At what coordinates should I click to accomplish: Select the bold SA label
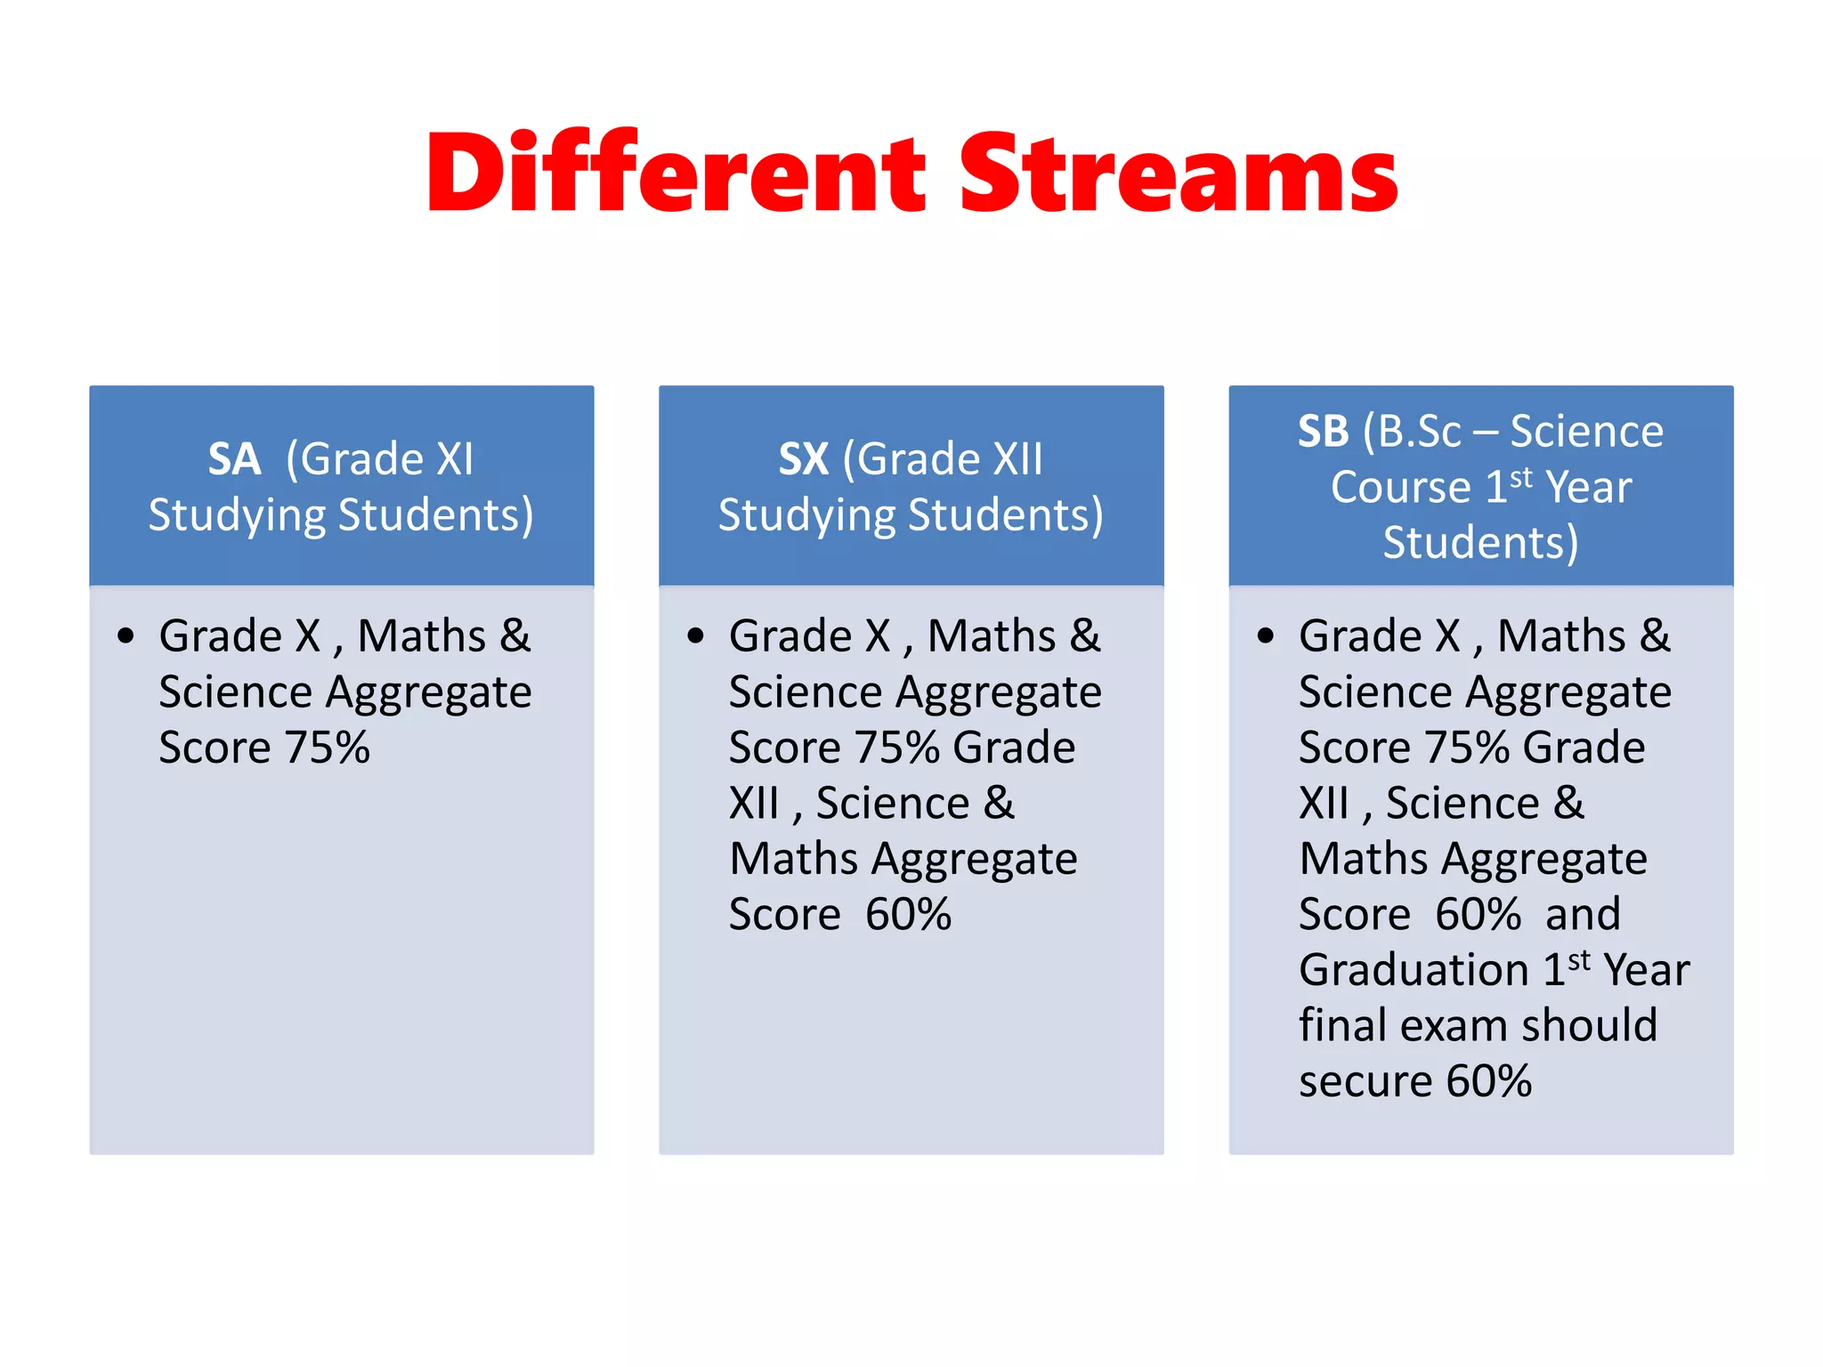[x=234, y=459]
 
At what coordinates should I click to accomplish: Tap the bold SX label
[x=803, y=459]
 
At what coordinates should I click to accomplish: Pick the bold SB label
[x=1323, y=432]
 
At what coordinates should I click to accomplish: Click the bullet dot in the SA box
[x=126, y=635]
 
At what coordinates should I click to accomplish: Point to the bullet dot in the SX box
[x=695, y=635]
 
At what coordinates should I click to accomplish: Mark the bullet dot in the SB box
[x=1265, y=635]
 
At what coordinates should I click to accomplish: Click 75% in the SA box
[x=326, y=748]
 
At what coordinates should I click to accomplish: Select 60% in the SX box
[x=908, y=914]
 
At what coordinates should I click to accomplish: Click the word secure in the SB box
[x=1365, y=1081]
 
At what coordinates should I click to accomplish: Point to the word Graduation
[x=1414, y=970]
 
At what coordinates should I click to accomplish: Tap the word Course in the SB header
[x=1400, y=487]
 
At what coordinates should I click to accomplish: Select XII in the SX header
[x=1017, y=459]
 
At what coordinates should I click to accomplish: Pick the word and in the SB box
[x=1583, y=914]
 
